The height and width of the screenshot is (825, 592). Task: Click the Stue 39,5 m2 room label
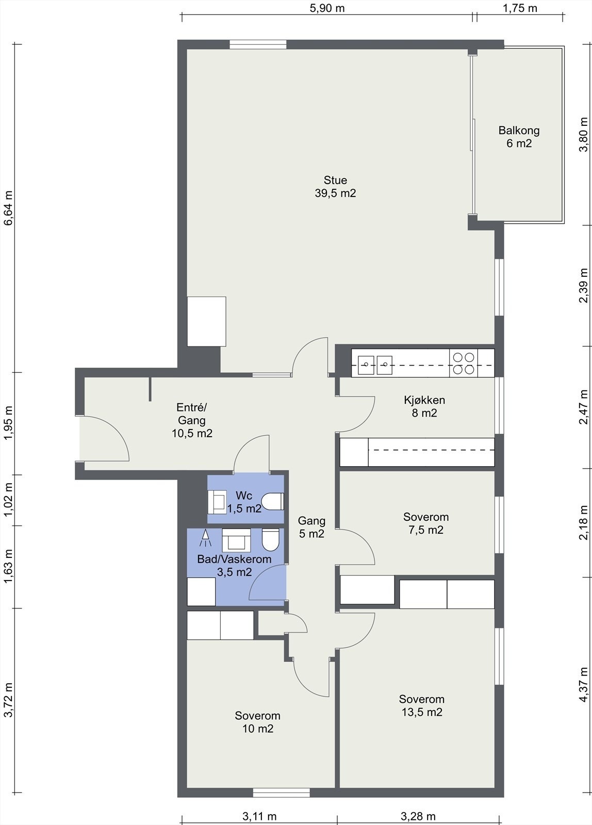pyautogui.click(x=335, y=187)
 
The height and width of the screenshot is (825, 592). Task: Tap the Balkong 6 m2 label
pyautogui.click(x=519, y=137)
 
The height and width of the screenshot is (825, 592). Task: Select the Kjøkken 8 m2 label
pyautogui.click(x=424, y=406)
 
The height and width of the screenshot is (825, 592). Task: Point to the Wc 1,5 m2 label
pyautogui.click(x=244, y=502)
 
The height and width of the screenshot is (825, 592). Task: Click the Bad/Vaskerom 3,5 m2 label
pyautogui.click(x=234, y=565)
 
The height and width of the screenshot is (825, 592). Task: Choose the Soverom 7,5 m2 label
pyautogui.click(x=426, y=523)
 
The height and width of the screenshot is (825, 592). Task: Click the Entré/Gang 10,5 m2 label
pyautogui.click(x=192, y=420)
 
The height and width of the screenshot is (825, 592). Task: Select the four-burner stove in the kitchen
pyautogui.click(x=464, y=363)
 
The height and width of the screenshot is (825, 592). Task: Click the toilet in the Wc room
pyautogui.click(x=273, y=502)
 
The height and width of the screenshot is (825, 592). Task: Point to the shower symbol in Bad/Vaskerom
pyautogui.click(x=205, y=538)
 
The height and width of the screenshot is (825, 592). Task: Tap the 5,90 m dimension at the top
pyautogui.click(x=327, y=8)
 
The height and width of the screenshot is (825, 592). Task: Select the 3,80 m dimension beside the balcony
pyautogui.click(x=584, y=135)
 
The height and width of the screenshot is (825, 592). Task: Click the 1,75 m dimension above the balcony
pyautogui.click(x=520, y=8)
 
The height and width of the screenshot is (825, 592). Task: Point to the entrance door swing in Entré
pyautogui.click(x=104, y=438)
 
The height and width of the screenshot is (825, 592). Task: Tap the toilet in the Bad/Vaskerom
pyautogui.click(x=270, y=539)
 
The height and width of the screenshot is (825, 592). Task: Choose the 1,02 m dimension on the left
pyautogui.click(x=8, y=500)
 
